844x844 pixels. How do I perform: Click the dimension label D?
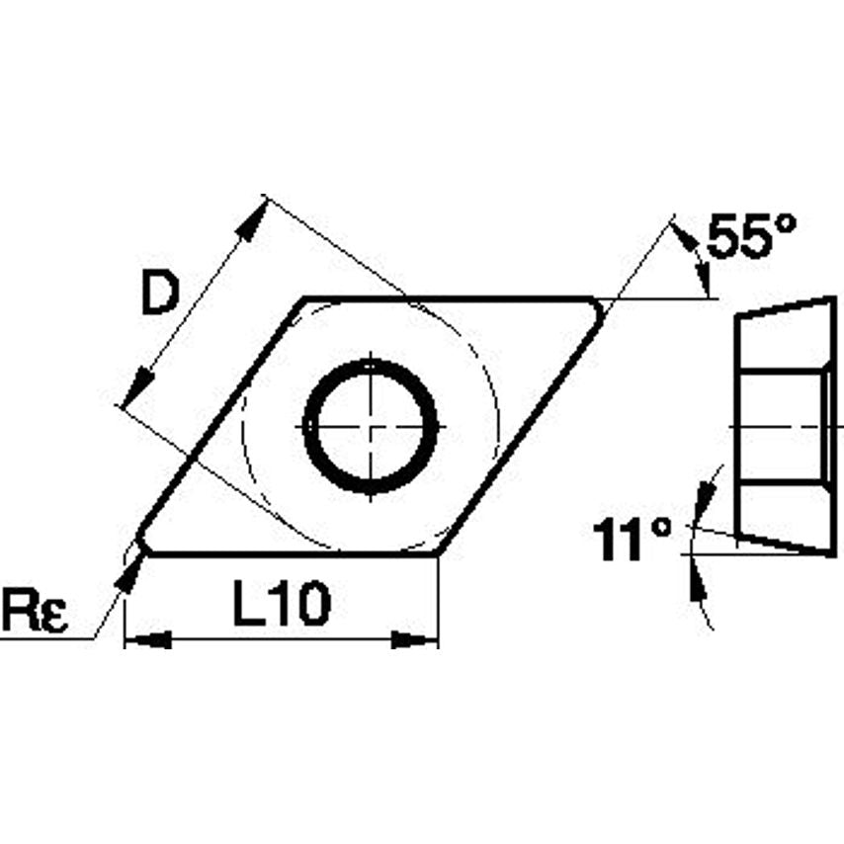159,294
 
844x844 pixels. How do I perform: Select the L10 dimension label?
281,604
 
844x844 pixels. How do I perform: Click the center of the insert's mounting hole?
371,427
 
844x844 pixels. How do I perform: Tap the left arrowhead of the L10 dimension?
146,640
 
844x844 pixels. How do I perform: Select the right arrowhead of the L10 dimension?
415,640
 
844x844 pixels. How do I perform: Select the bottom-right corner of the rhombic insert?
438,553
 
